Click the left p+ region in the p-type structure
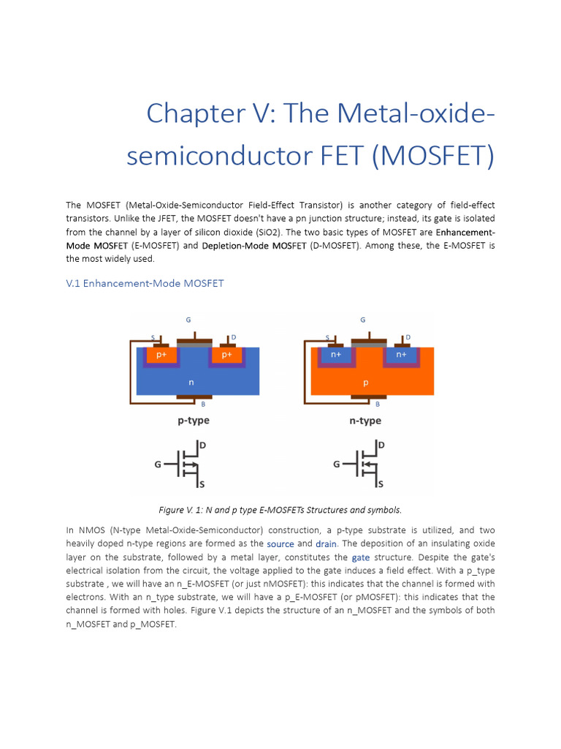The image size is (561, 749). coord(161,355)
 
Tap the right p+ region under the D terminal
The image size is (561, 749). coord(226,355)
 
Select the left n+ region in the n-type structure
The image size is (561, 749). coord(336,355)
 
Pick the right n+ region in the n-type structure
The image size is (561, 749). coord(401,355)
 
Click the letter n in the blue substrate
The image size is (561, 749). coord(191,382)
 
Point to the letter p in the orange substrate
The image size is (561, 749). coord(366,382)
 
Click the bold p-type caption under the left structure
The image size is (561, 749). coord(193,421)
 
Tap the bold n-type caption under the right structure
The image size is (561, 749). coord(365,421)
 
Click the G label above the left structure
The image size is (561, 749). coord(188,320)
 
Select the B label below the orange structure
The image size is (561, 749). coord(378,404)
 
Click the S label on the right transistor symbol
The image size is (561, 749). coord(380,484)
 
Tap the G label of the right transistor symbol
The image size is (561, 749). coord(337,464)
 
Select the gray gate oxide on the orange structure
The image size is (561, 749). coord(369,345)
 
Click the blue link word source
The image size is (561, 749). coord(280,544)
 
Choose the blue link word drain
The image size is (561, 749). coord(326,544)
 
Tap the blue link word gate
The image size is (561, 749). coord(361,557)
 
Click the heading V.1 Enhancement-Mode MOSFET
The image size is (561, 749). coord(145,283)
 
